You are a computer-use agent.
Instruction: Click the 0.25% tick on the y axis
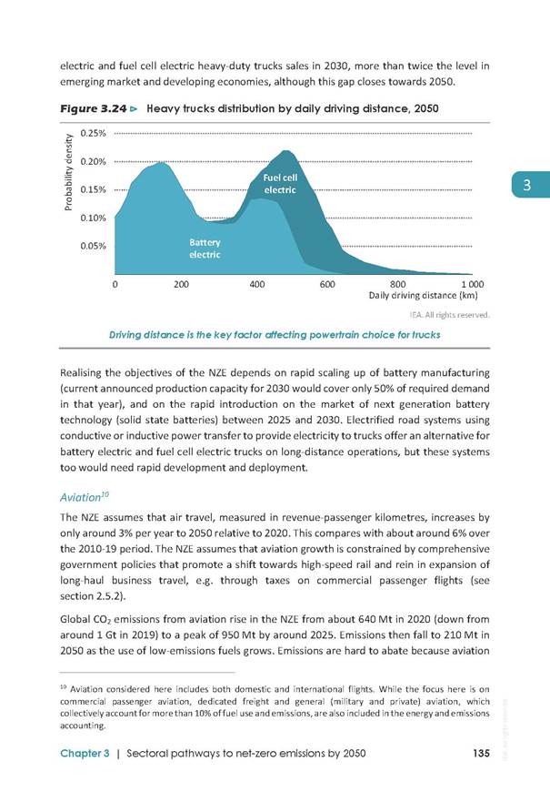(93, 133)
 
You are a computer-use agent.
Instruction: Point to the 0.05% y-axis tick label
(93, 246)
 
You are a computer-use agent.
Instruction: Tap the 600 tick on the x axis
(327, 284)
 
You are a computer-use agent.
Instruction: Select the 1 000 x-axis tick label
(473, 284)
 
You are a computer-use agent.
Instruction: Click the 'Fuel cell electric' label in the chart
(280, 184)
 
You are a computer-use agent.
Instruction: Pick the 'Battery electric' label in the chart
(205, 249)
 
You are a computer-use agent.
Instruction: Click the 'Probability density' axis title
(68, 172)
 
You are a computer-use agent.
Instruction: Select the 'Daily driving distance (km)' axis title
(423, 296)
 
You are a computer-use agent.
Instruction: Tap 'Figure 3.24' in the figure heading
(94, 108)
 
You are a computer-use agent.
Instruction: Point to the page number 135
(482, 753)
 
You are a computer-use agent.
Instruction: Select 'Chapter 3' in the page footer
(85, 753)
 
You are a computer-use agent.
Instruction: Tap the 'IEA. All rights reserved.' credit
(450, 315)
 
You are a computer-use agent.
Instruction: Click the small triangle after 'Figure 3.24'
(134, 108)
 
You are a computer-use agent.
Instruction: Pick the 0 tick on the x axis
(115, 284)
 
